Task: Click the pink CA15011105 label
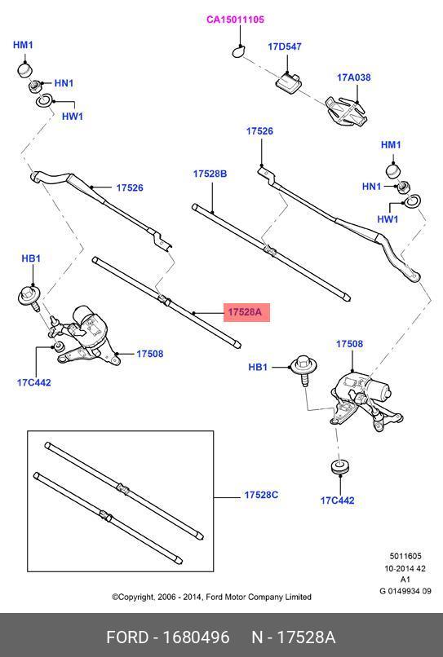235,20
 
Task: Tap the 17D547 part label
285,46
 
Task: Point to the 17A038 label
354,77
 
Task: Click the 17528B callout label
210,174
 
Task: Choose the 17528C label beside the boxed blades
261,495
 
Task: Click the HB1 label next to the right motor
258,367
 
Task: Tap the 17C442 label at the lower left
34,382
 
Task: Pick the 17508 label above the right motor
349,344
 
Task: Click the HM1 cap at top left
24,70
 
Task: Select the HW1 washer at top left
44,100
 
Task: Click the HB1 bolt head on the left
29,295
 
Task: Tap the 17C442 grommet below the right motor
339,467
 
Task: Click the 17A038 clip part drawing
347,111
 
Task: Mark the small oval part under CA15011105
238,52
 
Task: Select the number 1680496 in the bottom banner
196,637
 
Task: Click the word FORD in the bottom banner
127,637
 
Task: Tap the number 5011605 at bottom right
405,556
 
